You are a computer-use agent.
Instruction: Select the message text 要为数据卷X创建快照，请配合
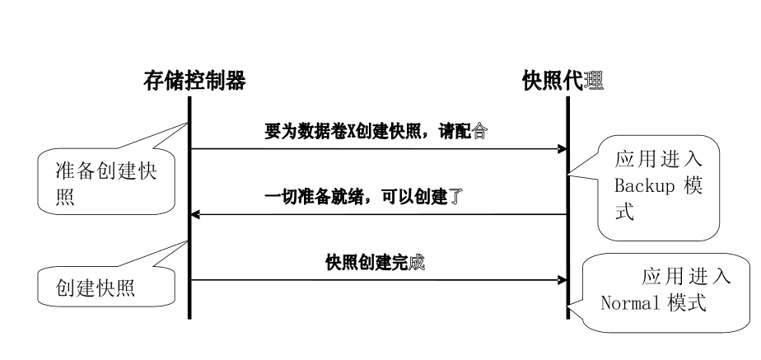(x=375, y=131)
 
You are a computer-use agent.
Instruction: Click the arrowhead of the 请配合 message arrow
(x=563, y=149)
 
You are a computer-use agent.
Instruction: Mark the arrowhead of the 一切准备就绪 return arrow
(x=195, y=214)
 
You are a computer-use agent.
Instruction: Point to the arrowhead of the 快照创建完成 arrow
(x=563, y=280)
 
